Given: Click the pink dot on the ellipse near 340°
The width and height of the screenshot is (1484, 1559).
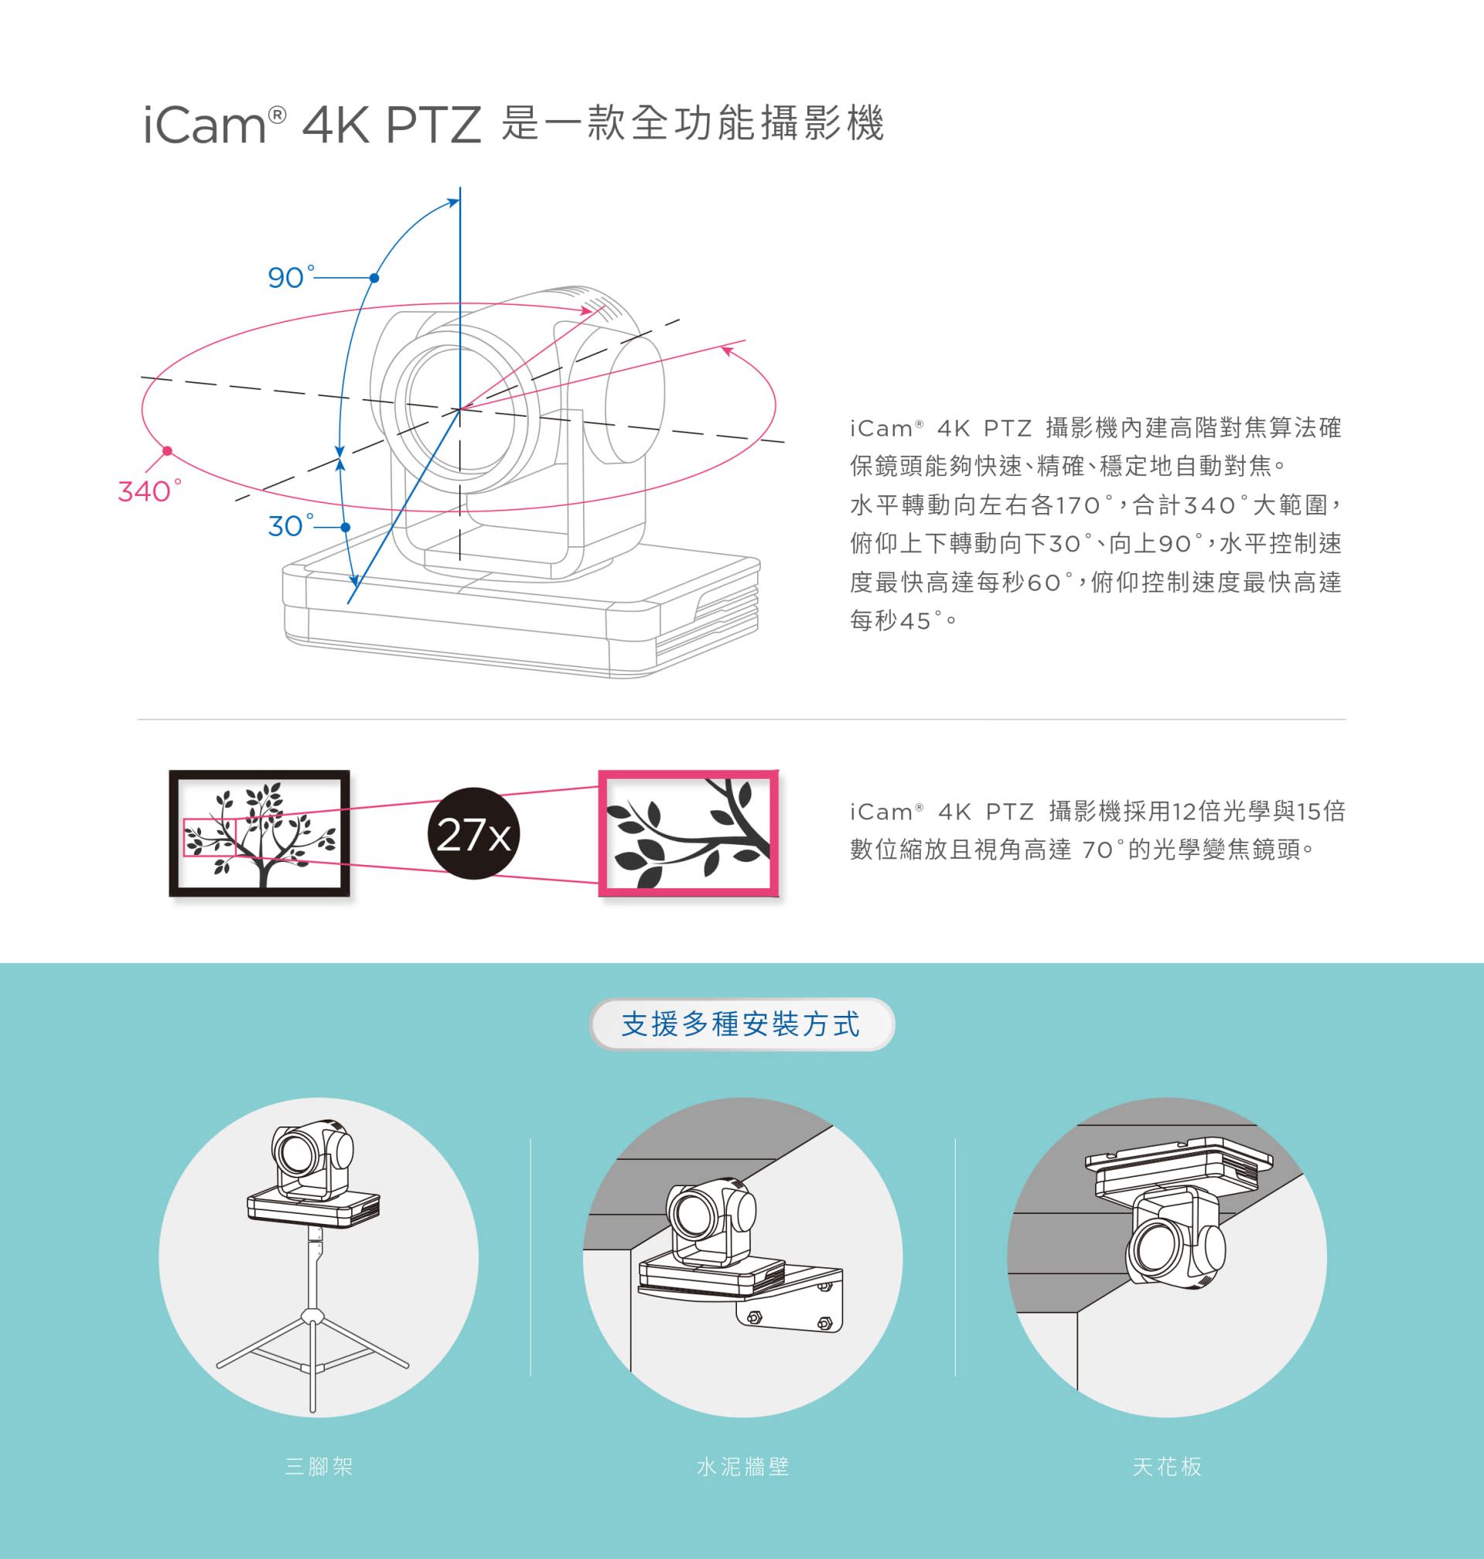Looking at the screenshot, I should [x=167, y=451].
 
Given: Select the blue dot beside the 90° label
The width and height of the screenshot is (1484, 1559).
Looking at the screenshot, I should [x=374, y=278].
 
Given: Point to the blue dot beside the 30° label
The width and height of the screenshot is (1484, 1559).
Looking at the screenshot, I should [x=345, y=527].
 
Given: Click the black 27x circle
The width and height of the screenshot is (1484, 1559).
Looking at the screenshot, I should [x=473, y=833].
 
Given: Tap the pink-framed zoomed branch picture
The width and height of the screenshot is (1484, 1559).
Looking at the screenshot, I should [x=688, y=833].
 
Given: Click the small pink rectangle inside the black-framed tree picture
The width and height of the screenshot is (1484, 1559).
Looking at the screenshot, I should [x=210, y=837].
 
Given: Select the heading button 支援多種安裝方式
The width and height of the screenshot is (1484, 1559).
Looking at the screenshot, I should [x=741, y=1024].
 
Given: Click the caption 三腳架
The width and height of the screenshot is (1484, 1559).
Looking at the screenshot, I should [x=319, y=1466].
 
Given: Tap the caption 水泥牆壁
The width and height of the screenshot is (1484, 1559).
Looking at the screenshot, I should [x=743, y=1466].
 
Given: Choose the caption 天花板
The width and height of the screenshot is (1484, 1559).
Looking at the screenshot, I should [x=1167, y=1466].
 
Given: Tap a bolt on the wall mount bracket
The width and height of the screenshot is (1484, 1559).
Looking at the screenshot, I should [x=754, y=1317].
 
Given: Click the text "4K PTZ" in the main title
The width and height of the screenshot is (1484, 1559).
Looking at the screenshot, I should [x=391, y=125].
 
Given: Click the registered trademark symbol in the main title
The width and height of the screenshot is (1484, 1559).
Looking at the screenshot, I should [x=277, y=115].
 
